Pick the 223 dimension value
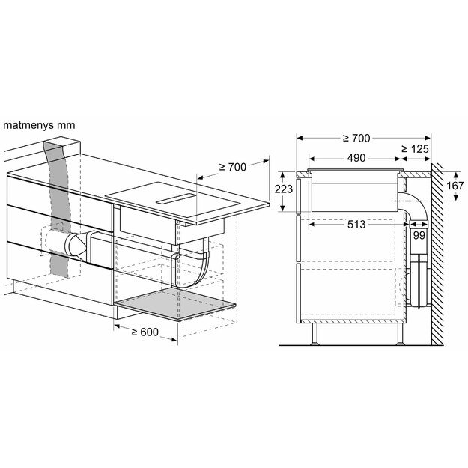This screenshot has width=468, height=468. pos(284,190)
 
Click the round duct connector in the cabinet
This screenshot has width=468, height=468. pos(77,244)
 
